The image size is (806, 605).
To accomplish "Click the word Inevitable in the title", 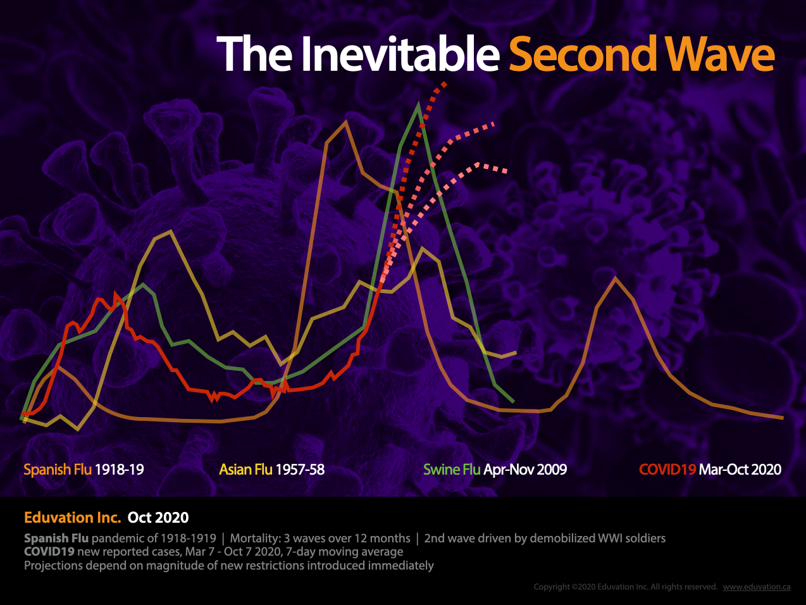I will click(x=400, y=54).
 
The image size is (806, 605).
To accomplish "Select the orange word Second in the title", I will click(x=583, y=54).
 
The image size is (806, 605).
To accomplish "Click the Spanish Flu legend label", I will click(x=57, y=470).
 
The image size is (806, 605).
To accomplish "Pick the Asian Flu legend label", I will click(x=245, y=470).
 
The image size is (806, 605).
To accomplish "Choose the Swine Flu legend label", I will click(x=452, y=470).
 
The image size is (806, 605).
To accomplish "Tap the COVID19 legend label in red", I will click(x=667, y=470).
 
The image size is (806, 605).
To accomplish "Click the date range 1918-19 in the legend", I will click(x=119, y=470).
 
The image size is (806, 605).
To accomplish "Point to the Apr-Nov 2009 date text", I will click(x=525, y=470).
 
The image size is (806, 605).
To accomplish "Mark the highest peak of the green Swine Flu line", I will click(x=418, y=106).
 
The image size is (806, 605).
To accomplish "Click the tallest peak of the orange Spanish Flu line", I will click(x=345, y=122).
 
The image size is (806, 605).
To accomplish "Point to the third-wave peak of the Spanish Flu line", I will click(x=615, y=278).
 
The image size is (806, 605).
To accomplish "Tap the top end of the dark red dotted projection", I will click(x=446, y=83).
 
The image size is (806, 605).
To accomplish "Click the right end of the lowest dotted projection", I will click(x=506, y=171).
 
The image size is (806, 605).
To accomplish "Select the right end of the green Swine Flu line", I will click(x=513, y=401).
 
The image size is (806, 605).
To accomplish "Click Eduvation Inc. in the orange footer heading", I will click(x=72, y=518).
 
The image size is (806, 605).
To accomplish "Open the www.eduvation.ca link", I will click(x=757, y=587).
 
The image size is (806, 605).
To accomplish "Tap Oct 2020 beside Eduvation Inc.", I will click(x=158, y=518).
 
